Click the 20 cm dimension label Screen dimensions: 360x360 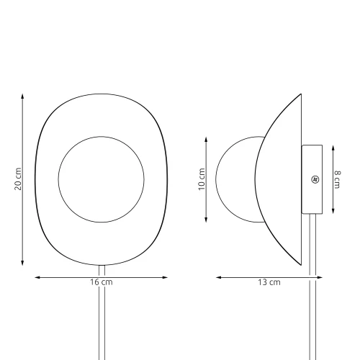tap(18, 179)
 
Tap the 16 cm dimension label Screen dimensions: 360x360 tap(102, 282)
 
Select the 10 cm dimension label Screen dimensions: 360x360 tap(202, 179)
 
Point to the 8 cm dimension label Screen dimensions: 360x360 tap(337, 179)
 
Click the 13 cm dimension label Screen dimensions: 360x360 tap(269, 282)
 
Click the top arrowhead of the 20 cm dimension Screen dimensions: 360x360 tap(22, 96)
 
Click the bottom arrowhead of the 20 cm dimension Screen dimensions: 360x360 tap(22, 263)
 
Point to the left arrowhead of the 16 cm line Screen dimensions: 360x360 tap(37, 277)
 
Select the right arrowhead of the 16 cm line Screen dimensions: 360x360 tap(165, 277)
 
